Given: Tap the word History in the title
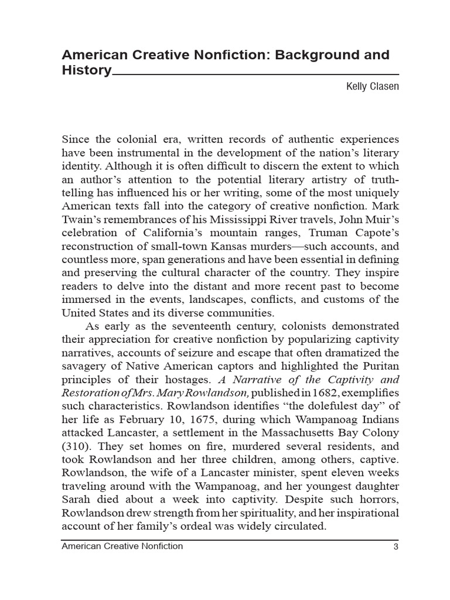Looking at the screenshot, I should pyautogui.click(x=86, y=71).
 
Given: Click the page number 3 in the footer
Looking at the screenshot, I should pyautogui.click(x=396, y=547).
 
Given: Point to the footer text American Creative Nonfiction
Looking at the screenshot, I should pyautogui.click(x=122, y=547).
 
